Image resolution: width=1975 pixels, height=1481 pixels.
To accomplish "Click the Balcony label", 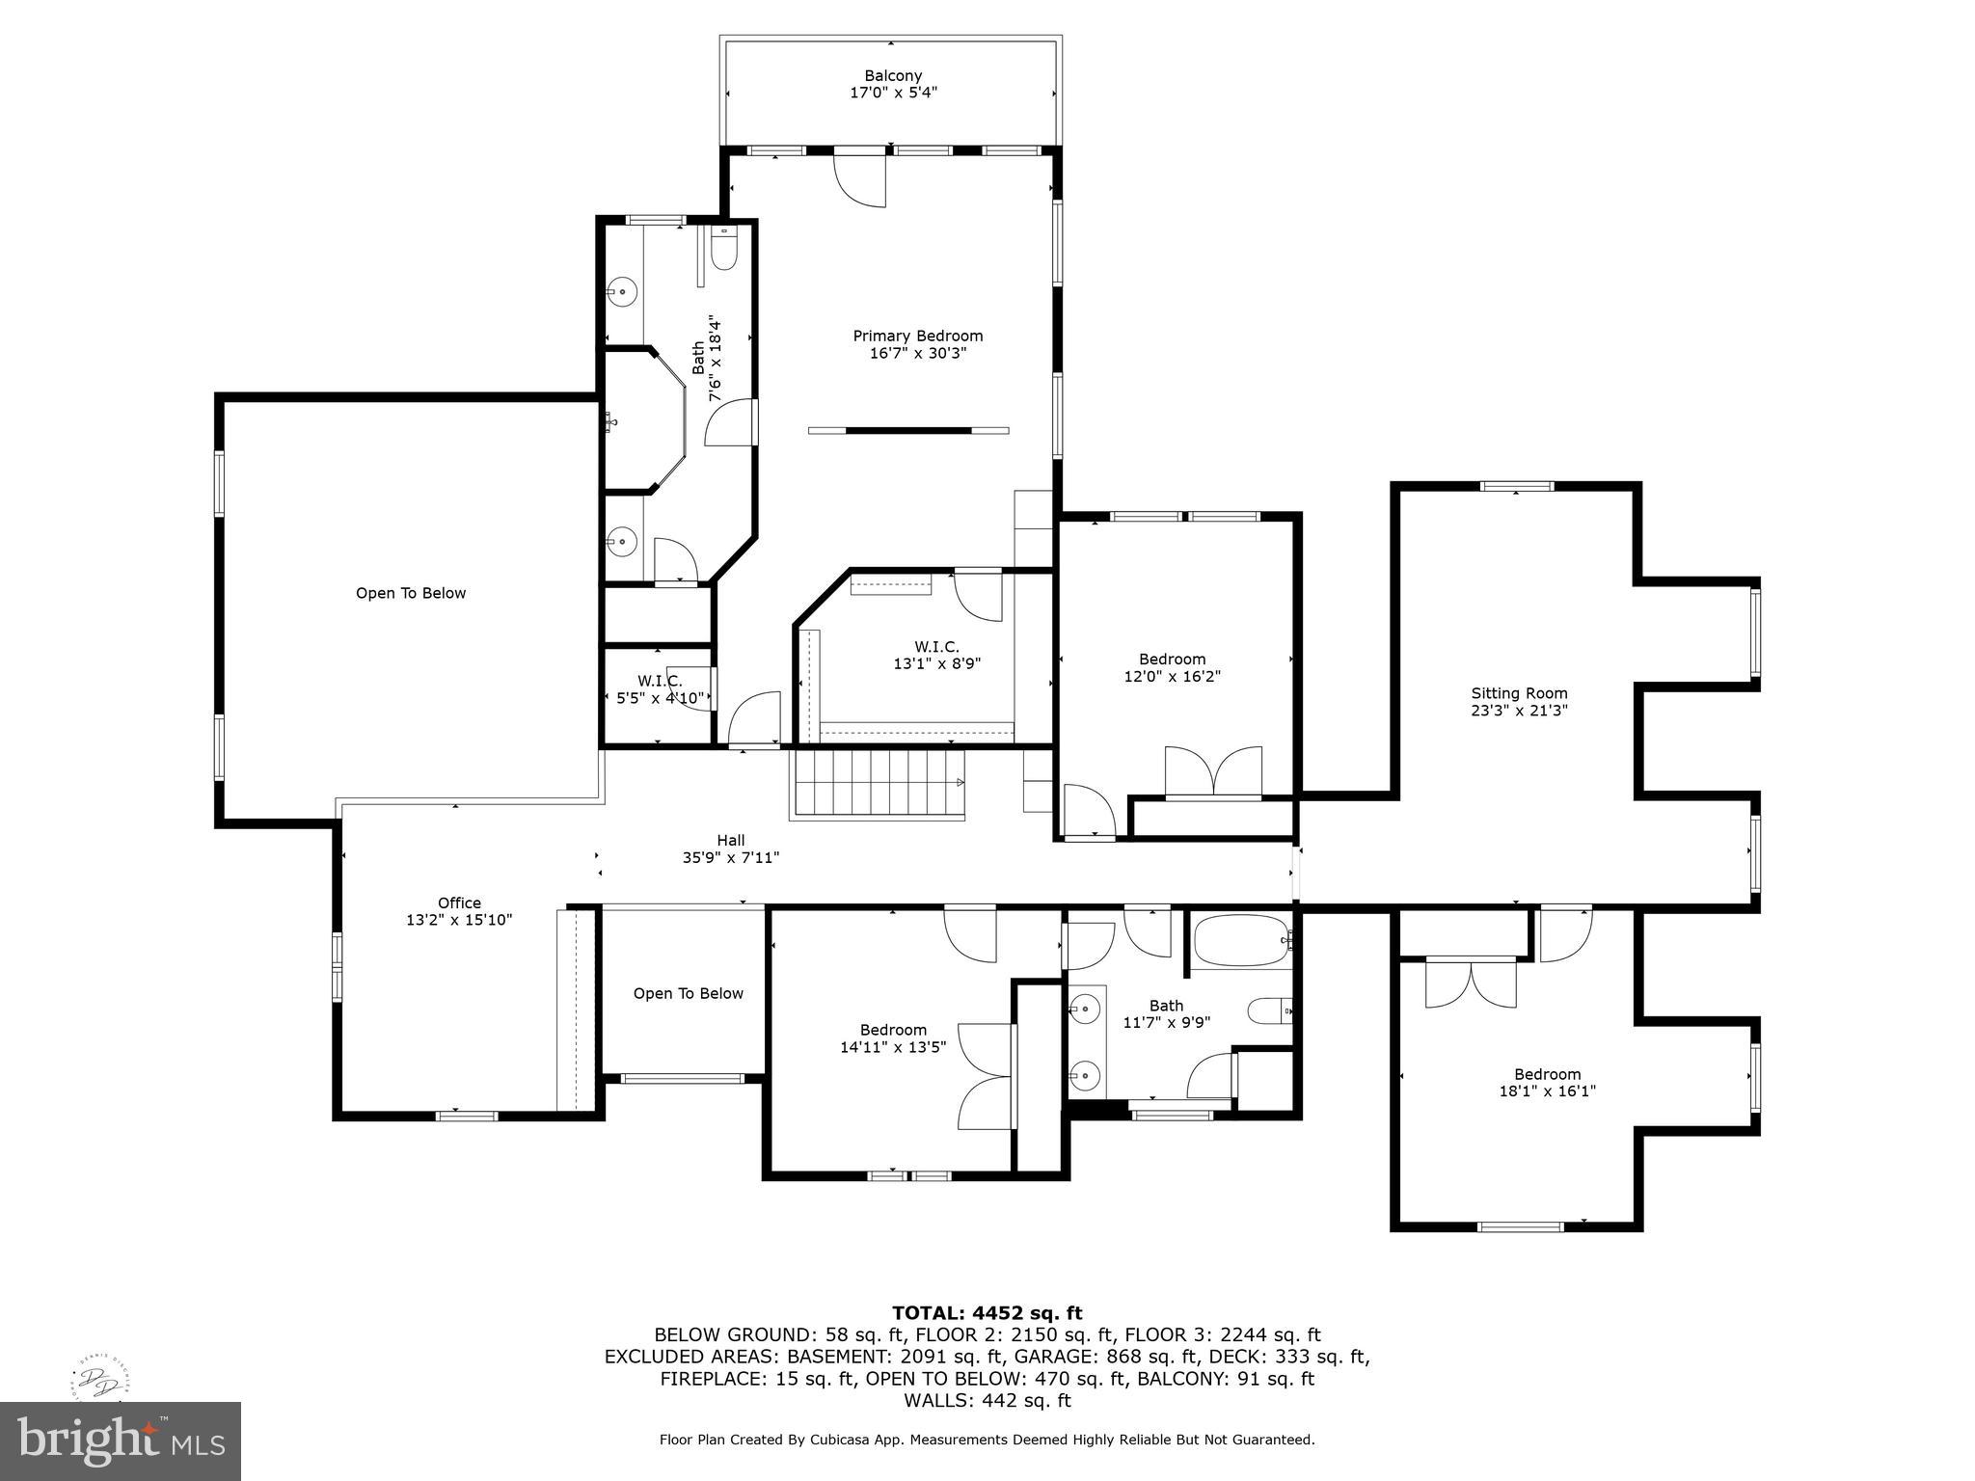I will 892,76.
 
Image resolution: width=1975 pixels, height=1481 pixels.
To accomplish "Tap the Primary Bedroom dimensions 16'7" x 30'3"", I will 917,354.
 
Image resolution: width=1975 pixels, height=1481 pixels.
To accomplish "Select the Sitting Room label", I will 1519,693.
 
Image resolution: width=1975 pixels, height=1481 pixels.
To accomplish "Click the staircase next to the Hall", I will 877,784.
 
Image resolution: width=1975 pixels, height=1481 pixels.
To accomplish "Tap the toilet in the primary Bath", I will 723,253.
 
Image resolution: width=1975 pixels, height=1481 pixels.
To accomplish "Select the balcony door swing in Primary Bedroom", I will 859,179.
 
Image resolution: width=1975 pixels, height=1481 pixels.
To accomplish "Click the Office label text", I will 459,903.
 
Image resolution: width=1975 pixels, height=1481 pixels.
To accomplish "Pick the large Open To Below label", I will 411,593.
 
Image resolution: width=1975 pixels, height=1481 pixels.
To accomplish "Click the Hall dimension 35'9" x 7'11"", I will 730,857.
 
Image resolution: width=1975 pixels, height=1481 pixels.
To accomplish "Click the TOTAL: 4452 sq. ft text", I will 987,1313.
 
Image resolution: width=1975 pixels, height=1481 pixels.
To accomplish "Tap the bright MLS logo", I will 121,1441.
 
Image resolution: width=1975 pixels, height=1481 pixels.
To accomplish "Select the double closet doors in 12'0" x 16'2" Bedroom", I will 1213,771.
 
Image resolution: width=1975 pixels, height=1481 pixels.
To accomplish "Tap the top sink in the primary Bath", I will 624,289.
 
